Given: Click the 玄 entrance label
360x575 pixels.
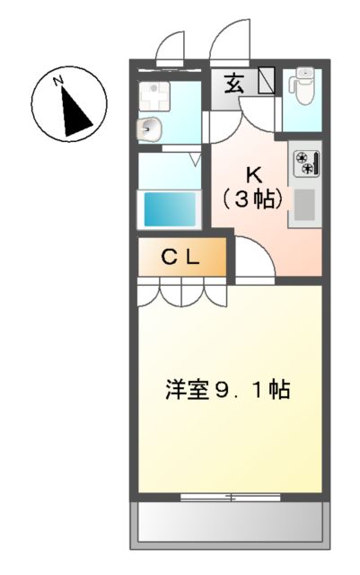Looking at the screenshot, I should tap(233, 85).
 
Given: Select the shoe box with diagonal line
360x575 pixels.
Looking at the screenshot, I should tap(267, 81).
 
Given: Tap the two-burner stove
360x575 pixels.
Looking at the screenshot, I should tap(305, 163).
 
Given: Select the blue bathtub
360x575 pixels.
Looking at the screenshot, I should tap(171, 209).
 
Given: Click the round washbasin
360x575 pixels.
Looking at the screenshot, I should tap(148, 129).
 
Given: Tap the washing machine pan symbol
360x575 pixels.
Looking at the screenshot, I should tap(153, 92).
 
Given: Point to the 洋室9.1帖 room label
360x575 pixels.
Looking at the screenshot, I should tap(227, 391).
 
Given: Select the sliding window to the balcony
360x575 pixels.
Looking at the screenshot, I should tap(230, 497).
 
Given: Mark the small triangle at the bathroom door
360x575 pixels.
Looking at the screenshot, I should tap(193, 160).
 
